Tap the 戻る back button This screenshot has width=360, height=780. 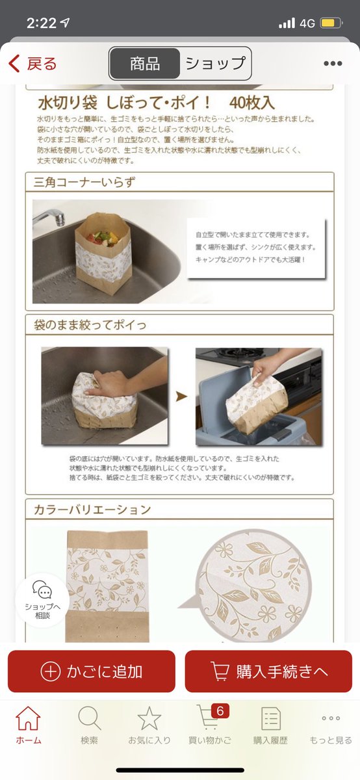(x=32, y=64)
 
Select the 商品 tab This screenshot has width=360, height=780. (x=145, y=64)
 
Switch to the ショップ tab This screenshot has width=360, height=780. (x=216, y=64)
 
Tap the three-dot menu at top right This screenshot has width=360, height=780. (x=333, y=64)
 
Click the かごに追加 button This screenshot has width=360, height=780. (x=91, y=671)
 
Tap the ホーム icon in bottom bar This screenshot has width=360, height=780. (x=28, y=718)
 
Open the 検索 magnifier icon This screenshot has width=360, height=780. (x=90, y=718)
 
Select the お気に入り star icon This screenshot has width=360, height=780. (x=149, y=718)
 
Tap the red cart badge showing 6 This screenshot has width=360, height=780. (x=220, y=710)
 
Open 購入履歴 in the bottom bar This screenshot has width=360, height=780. (x=270, y=725)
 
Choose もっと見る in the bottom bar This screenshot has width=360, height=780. (x=331, y=725)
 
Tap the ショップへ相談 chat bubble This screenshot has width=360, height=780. (x=42, y=600)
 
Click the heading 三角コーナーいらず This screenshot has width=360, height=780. (x=84, y=182)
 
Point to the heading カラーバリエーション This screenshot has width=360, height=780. (x=92, y=510)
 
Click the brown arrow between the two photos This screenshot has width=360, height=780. (x=181, y=396)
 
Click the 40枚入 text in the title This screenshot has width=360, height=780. (x=251, y=103)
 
